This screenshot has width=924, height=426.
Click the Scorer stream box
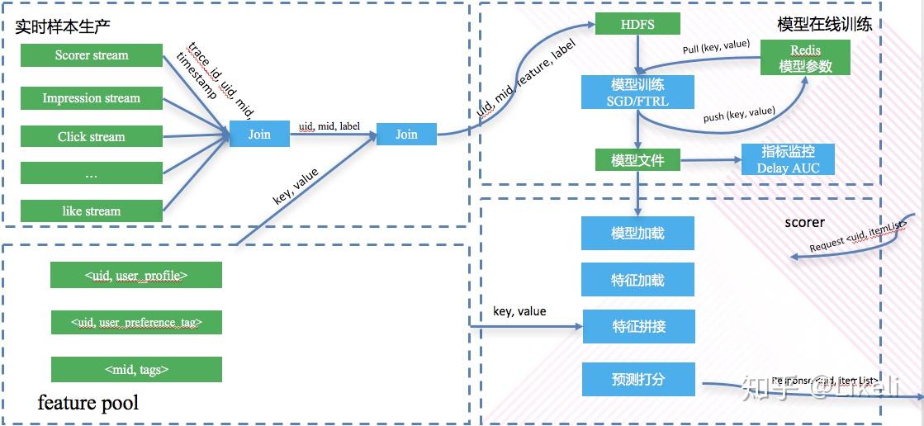(92, 56)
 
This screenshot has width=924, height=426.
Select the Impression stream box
(92, 98)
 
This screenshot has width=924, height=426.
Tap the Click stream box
(92, 137)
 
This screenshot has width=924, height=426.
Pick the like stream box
(92, 211)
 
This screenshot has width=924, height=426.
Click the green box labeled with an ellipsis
(92, 174)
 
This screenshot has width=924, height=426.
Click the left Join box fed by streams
(259, 134)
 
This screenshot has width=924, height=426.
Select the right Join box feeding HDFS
(406, 134)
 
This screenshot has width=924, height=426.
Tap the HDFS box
(637, 24)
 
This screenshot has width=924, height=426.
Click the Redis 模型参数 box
(805, 58)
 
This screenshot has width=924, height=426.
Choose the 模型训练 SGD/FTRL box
(637, 92)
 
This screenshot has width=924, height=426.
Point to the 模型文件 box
(637, 160)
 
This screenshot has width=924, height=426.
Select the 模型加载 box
(637, 234)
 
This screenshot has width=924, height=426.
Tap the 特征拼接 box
(638, 326)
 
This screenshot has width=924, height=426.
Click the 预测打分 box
(638, 380)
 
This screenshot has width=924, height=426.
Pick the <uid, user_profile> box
(136, 275)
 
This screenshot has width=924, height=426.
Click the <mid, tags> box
(136, 369)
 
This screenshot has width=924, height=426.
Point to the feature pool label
(88, 403)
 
